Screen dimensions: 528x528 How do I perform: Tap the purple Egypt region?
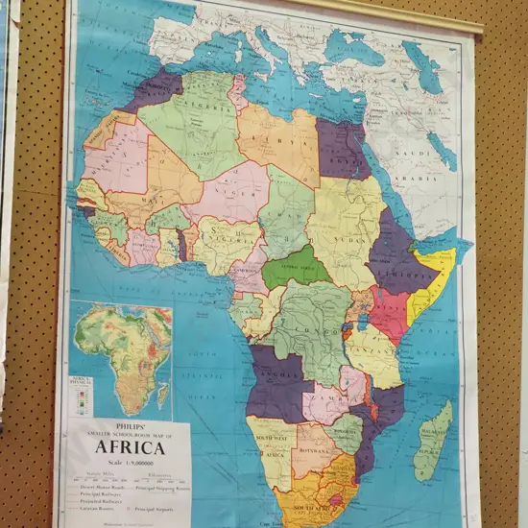coord(342,149)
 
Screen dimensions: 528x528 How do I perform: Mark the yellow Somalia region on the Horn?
coord(430,288)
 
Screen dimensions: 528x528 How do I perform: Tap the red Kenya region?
coord(390,312)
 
